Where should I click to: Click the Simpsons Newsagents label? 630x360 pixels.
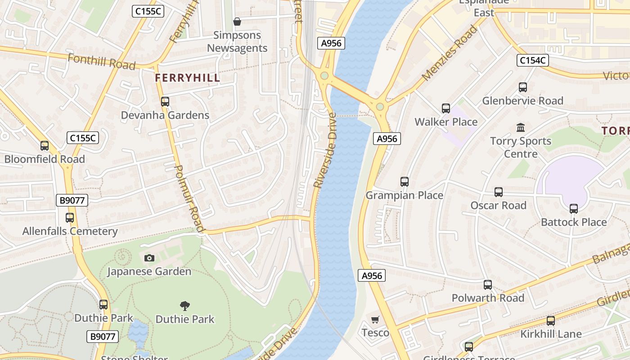point(237,41)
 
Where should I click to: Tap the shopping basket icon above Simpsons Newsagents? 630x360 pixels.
point(237,22)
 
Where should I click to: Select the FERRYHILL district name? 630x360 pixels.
point(188,78)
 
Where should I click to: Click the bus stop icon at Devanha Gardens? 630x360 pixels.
point(165,102)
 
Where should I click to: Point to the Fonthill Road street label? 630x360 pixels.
point(101,62)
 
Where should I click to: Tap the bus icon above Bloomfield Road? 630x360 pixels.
point(45,146)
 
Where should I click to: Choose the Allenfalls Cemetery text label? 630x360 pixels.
point(70,231)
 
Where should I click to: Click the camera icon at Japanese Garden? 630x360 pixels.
point(149,258)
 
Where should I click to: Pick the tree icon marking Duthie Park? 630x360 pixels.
point(184,306)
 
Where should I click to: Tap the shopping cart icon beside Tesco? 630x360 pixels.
point(375,319)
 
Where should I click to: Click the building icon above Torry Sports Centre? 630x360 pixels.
point(521,128)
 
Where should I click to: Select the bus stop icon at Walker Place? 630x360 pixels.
point(446,108)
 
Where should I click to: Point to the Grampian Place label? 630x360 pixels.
point(404,195)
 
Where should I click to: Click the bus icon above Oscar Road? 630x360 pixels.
point(499,192)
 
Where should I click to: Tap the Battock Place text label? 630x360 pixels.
point(574,222)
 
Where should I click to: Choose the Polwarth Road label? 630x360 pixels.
point(488,298)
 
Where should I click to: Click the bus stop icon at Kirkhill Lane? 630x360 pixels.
point(551,321)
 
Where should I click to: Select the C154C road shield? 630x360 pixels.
point(532,60)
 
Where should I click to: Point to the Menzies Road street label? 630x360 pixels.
point(450,53)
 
